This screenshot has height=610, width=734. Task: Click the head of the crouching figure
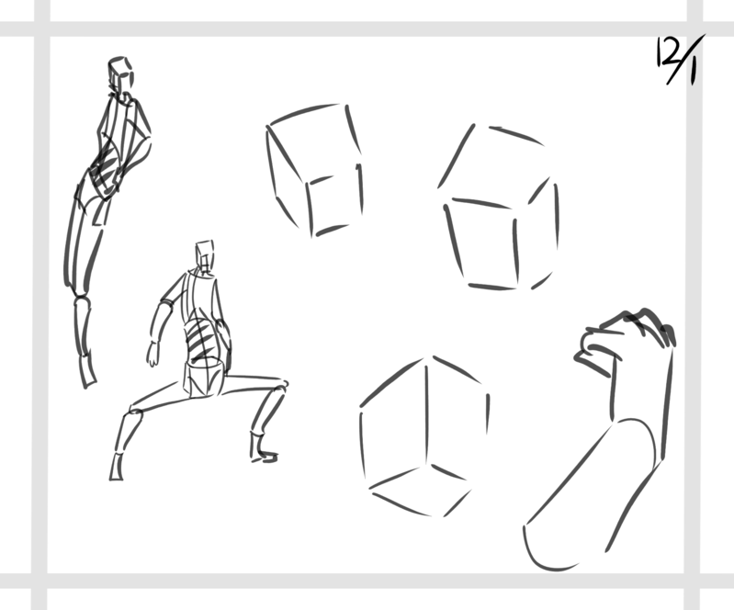point(205,255)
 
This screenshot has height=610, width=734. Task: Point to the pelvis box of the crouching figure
point(203,378)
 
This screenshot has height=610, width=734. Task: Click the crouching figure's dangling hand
point(152,355)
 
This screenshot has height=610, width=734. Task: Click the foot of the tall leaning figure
point(87,372)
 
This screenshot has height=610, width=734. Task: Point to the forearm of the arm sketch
point(640,398)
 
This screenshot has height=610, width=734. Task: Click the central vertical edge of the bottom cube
point(426,412)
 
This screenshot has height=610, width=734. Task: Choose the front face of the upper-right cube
point(482,243)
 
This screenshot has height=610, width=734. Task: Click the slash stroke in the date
point(685,60)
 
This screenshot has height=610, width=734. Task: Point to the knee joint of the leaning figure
point(81,298)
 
